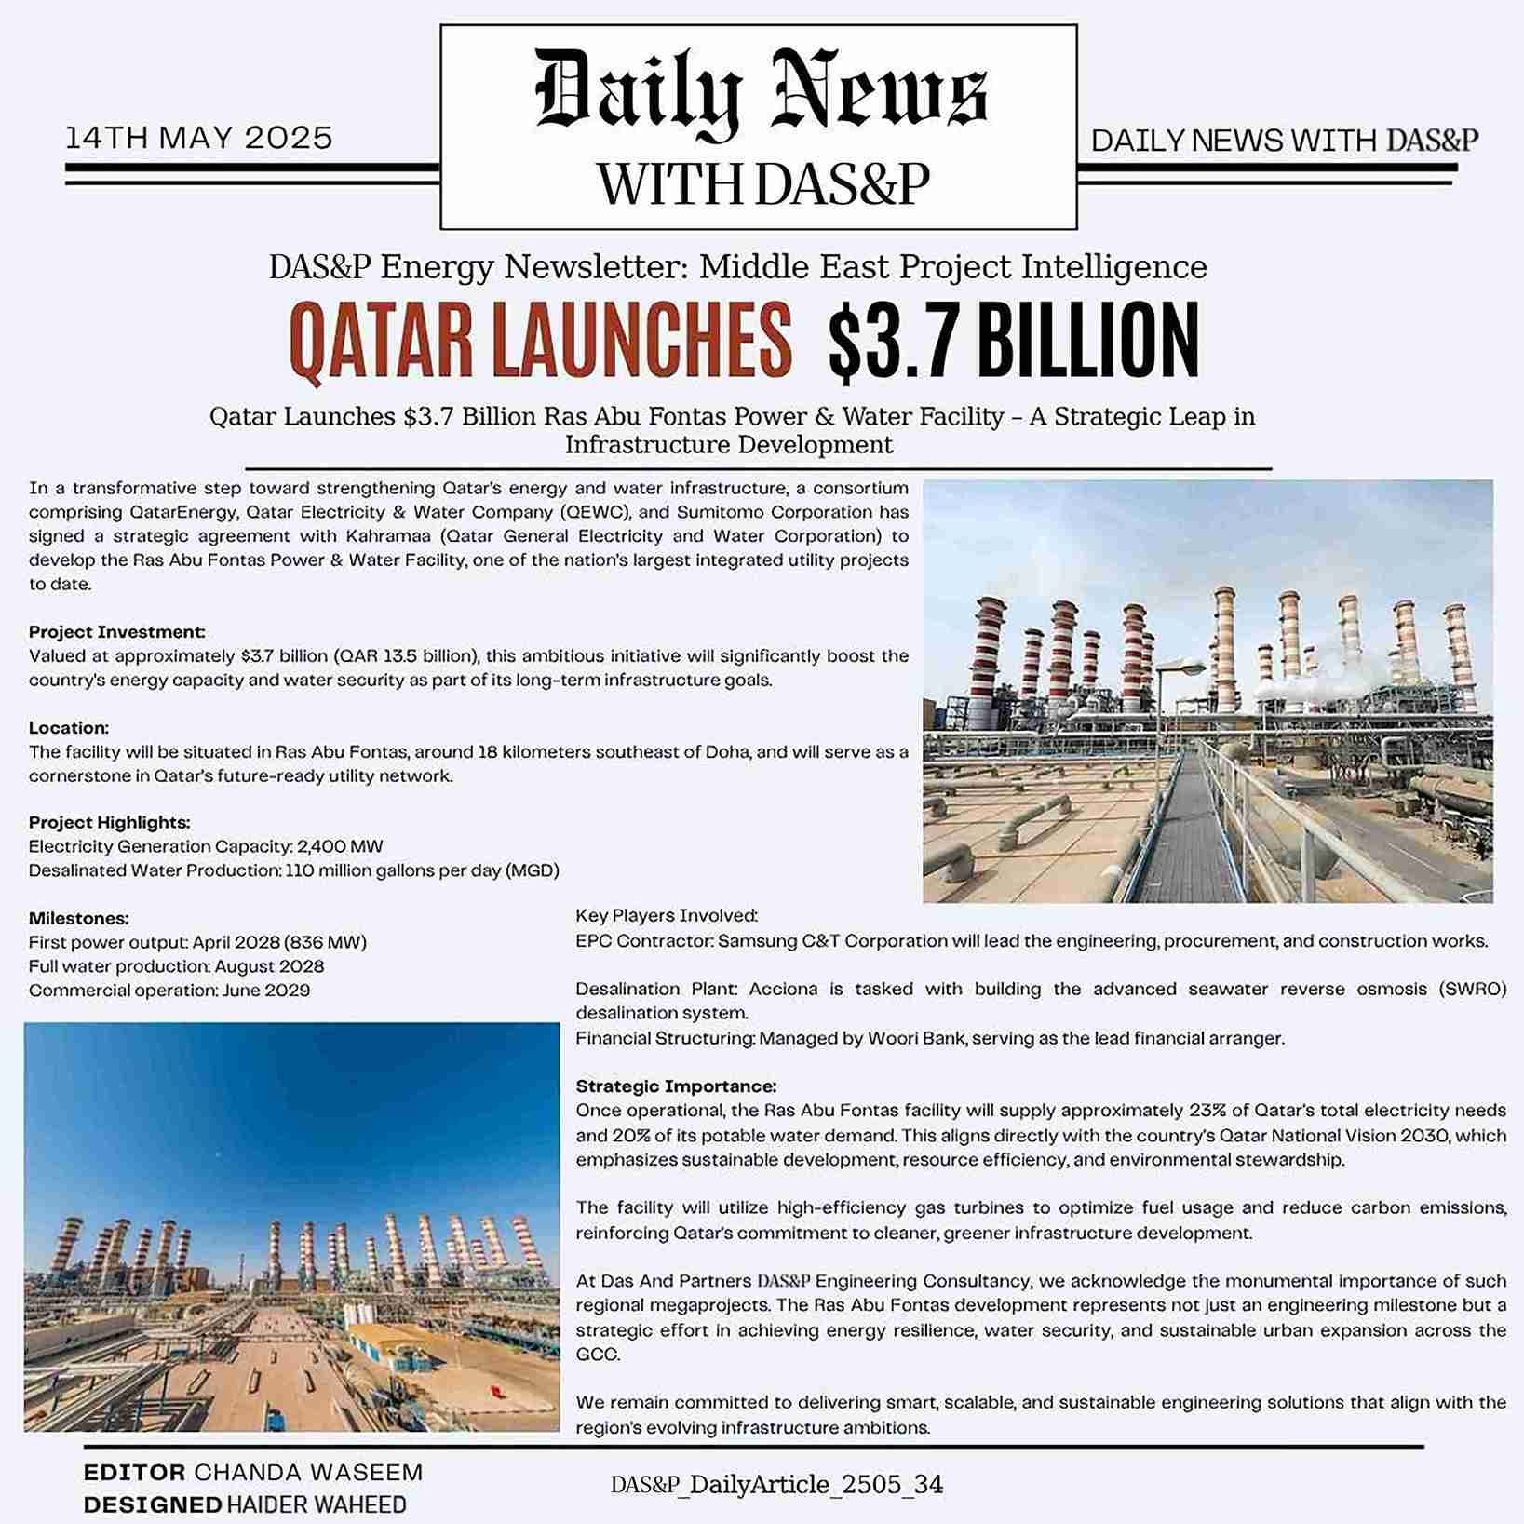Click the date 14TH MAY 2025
click(x=198, y=139)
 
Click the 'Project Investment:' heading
click(x=116, y=632)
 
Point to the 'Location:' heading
click(x=69, y=727)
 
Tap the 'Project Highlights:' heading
click(x=109, y=822)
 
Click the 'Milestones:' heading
click(x=78, y=918)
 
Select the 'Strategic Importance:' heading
click(x=676, y=1086)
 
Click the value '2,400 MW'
click(x=340, y=846)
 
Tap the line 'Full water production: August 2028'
click(x=176, y=966)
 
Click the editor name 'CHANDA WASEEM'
click(x=308, y=1472)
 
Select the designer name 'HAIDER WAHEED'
click(x=317, y=1504)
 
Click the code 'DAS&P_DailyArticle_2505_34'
click(x=776, y=1485)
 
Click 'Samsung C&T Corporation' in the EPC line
click(x=832, y=941)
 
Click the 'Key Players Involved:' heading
click(x=667, y=916)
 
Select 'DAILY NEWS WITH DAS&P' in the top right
click(x=1284, y=141)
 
